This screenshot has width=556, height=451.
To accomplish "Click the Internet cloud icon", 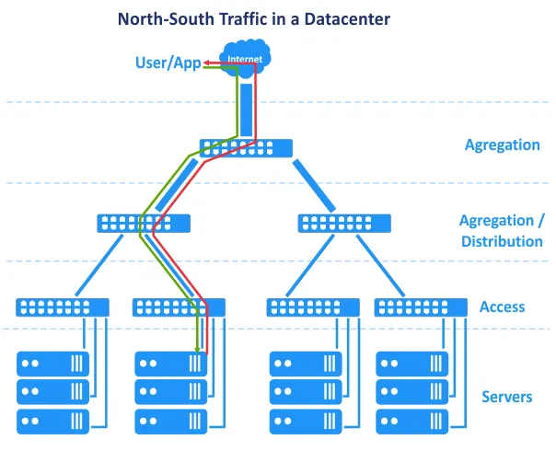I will coord(244,57).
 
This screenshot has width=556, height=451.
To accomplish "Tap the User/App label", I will coord(168,63).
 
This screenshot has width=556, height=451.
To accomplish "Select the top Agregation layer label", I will coord(502,145).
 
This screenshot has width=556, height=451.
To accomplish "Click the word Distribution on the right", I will coord(502,241).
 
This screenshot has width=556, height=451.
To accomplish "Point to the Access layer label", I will coord(502,307).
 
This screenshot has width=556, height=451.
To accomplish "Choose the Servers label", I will coord(506,397).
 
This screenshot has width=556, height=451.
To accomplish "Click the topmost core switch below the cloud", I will coord(247,147).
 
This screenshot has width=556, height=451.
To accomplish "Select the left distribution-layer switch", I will coord(144,223).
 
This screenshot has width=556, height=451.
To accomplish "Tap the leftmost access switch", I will coord(63,307).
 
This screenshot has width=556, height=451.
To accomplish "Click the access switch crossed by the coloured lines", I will coord(179,307).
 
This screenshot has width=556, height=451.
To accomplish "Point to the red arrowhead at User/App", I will coord(207,63).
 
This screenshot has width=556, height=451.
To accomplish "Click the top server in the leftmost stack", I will coord(53,363).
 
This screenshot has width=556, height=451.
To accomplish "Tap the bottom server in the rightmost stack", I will coord(412,422).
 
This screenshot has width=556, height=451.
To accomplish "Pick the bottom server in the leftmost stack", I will coord(53,422).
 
